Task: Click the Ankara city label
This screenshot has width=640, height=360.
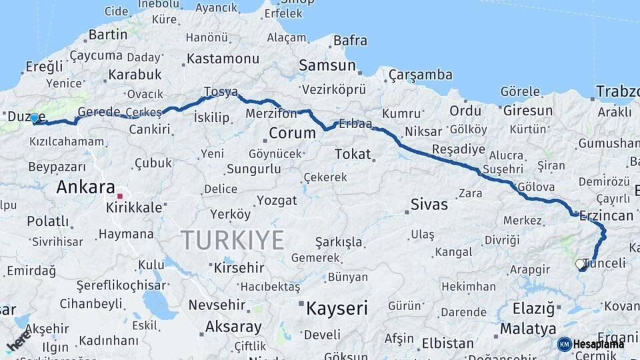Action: (85, 187)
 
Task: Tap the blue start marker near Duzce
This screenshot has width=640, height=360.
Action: (35, 118)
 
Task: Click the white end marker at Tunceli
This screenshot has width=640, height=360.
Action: (580, 264)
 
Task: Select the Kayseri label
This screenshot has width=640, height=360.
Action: (337, 308)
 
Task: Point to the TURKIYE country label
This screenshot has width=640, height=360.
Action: (233, 239)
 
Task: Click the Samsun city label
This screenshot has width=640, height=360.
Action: (327, 65)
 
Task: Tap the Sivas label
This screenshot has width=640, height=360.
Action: (429, 204)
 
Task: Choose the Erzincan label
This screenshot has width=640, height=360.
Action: (606, 215)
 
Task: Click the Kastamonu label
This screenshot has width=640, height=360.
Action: (222, 59)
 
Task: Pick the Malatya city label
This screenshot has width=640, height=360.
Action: (527, 329)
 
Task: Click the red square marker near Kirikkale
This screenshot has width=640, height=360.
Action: (120, 197)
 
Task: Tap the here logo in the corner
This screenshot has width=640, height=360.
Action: (18, 341)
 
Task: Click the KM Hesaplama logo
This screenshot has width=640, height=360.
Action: (590, 344)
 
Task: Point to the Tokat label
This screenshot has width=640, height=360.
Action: (352, 154)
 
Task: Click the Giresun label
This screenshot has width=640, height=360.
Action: (528, 111)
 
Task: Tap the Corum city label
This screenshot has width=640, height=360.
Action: (292, 133)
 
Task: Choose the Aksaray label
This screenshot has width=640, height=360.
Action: (233, 327)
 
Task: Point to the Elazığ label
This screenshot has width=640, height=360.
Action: (533, 309)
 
